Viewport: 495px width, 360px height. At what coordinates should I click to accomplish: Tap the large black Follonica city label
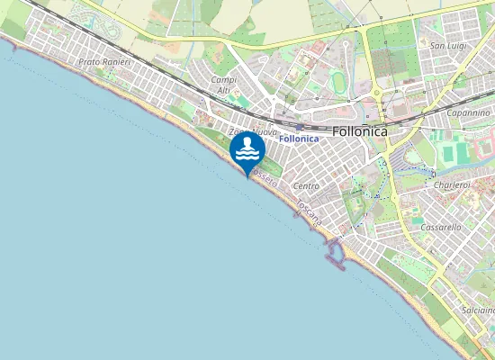pyautogui.click(x=360, y=130)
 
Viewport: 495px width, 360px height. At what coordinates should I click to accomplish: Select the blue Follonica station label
pyautogui.click(x=300, y=139)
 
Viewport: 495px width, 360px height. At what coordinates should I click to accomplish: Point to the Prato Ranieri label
pyautogui.click(x=105, y=62)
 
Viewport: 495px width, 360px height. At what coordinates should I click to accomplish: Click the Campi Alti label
pyautogui.click(x=223, y=85)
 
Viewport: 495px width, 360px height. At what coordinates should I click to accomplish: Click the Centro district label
pyautogui.click(x=307, y=185)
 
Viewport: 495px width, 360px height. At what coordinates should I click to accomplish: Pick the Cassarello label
pyautogui.click(x=440, y=228)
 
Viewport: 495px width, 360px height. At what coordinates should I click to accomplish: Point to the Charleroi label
pyautogui.click(x=452, y=185)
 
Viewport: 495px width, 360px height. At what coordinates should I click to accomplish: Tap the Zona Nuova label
pyautogui.click(x=253, y=132)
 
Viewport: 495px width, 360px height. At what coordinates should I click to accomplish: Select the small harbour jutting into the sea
pyautogui.click(x=335, y=254)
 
